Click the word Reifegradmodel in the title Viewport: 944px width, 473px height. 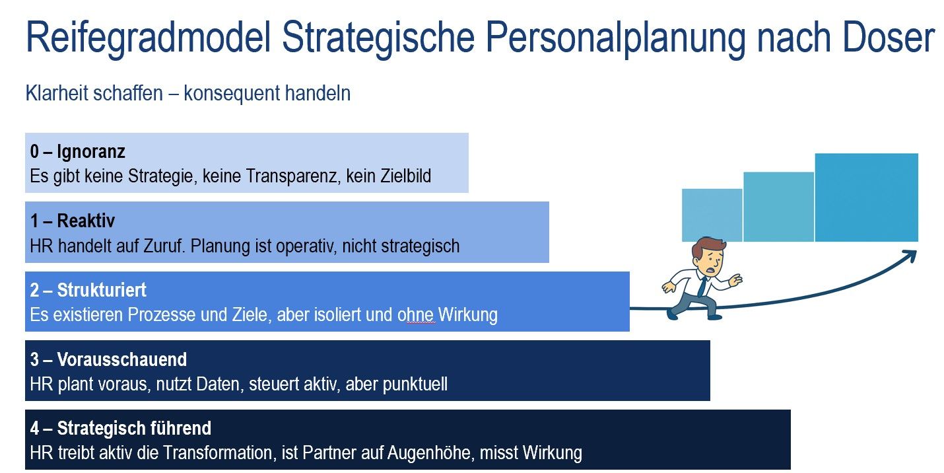(x=148, y=38)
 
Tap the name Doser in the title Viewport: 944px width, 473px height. (x=889, y=37)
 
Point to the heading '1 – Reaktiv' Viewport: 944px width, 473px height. (x=73, y=221)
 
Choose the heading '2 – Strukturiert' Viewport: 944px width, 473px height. (x=88, y=290)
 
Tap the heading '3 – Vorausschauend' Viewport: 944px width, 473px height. (x=108, y=359)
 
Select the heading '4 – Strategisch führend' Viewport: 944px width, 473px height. (x=121, y=428)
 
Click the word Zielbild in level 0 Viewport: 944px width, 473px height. (x=405, y=176)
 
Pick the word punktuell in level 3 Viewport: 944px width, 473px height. (x=415, y=384)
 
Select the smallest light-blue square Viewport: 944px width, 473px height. (x=712, y=215)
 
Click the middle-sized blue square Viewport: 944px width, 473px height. (x=778, y=207)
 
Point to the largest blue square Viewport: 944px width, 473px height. (x=867, y=198)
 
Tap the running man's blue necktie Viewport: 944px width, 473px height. (x=702, y=286)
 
